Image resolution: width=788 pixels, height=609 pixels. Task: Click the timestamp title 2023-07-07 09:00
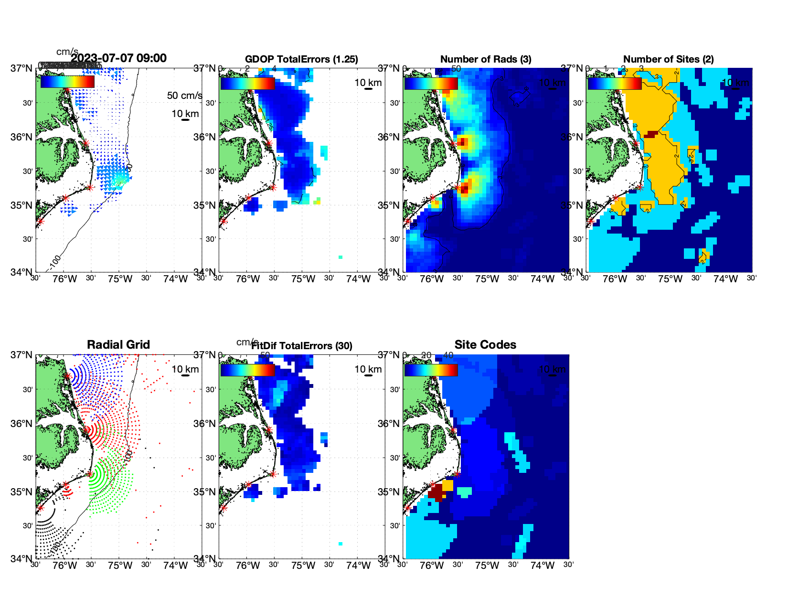pos(118,58)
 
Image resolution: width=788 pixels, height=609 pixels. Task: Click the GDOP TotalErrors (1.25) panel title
pos(301,59)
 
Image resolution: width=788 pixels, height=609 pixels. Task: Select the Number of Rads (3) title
pos(486,59)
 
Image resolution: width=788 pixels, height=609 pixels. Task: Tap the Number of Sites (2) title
pos(668,59)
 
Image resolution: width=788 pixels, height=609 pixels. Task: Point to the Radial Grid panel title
pos(118,344)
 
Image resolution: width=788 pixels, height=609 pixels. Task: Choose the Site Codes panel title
pos(485,344)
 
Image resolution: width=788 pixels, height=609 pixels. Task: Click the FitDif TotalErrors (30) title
pos(301,346)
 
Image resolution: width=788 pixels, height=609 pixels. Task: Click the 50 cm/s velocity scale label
pos(184,96)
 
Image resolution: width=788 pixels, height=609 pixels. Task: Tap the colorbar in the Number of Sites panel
pos(615,83)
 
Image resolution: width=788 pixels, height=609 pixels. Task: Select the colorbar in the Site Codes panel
pos(431,370)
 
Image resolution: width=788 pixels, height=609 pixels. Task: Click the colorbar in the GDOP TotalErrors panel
pos(247,83)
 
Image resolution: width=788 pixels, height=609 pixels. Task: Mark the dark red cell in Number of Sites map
pos(650,135)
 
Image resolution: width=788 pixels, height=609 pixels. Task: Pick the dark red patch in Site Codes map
pos(437,492)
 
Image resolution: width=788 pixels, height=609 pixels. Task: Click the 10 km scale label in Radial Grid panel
pos(185,369)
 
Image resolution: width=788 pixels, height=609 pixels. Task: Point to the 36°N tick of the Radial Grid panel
pos(22,424)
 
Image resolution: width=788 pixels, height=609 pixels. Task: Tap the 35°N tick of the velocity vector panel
pos(22,205)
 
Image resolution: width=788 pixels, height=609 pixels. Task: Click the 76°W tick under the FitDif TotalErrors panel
pos(248,566)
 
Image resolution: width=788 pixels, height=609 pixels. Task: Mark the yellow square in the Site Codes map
pos(447,485)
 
